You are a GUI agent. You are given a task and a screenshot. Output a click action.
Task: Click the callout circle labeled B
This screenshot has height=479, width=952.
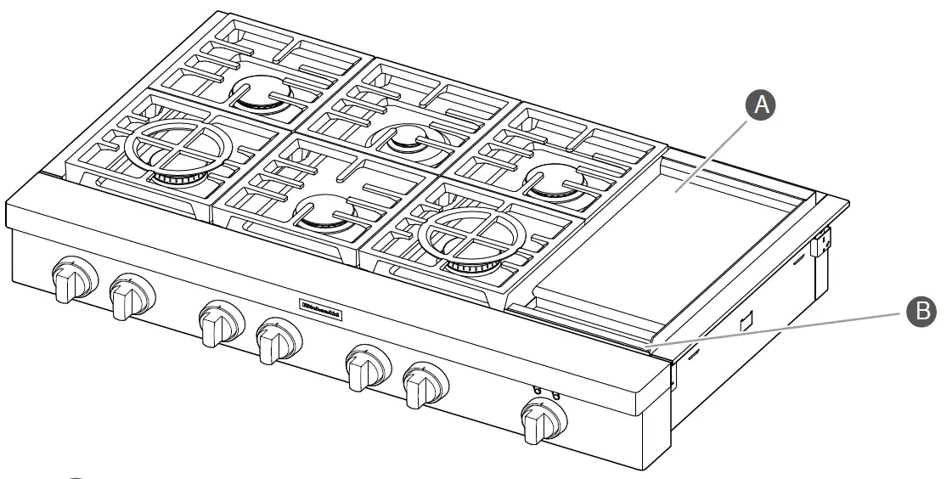(x=920, y=312)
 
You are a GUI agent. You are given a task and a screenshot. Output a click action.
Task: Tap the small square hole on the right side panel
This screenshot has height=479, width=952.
(x=746, y=322)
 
